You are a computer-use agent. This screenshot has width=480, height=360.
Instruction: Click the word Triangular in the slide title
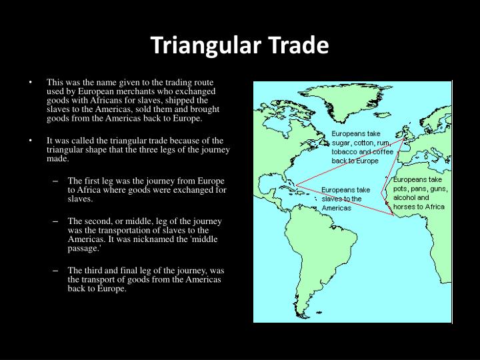pyautogui.click(x=197, y=45)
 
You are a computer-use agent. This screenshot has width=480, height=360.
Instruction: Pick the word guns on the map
pyautogui.click(x=438, y=189)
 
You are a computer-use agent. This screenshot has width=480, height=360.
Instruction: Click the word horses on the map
pyautogui.click(x=406, y=207)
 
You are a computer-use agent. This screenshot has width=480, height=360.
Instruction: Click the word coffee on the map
pyautogui.click(x=390, y=152)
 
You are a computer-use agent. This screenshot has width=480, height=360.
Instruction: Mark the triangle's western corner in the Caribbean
pyautogui.click(x=297, y=185)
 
